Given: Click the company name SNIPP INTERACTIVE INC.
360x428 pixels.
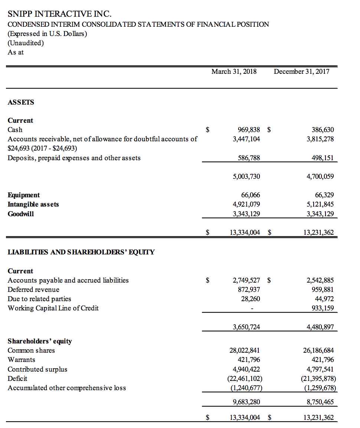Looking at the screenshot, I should click(x=59, y=14).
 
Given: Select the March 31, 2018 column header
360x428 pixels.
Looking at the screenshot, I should click(x=234, y=72).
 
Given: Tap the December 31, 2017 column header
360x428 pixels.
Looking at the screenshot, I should click(x=301, y=72).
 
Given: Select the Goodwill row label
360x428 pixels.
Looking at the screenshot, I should click(x=21, y=214).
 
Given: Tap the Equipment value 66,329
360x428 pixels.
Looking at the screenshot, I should click(x=324, y=195).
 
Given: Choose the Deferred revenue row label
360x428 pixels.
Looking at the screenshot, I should click(x=33, y=290).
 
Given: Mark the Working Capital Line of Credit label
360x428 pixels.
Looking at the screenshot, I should click(x=53, y=308).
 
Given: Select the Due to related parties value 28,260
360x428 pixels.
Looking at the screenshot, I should click(x=251, y=299).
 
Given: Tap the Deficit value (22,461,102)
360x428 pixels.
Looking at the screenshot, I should click(x=243, y=379).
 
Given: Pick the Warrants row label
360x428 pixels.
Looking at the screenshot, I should click(x=22, y=360).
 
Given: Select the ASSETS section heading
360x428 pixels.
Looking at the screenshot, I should click(x=21, y=102).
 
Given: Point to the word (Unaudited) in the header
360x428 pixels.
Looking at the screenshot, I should click(x=26, y=43).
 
